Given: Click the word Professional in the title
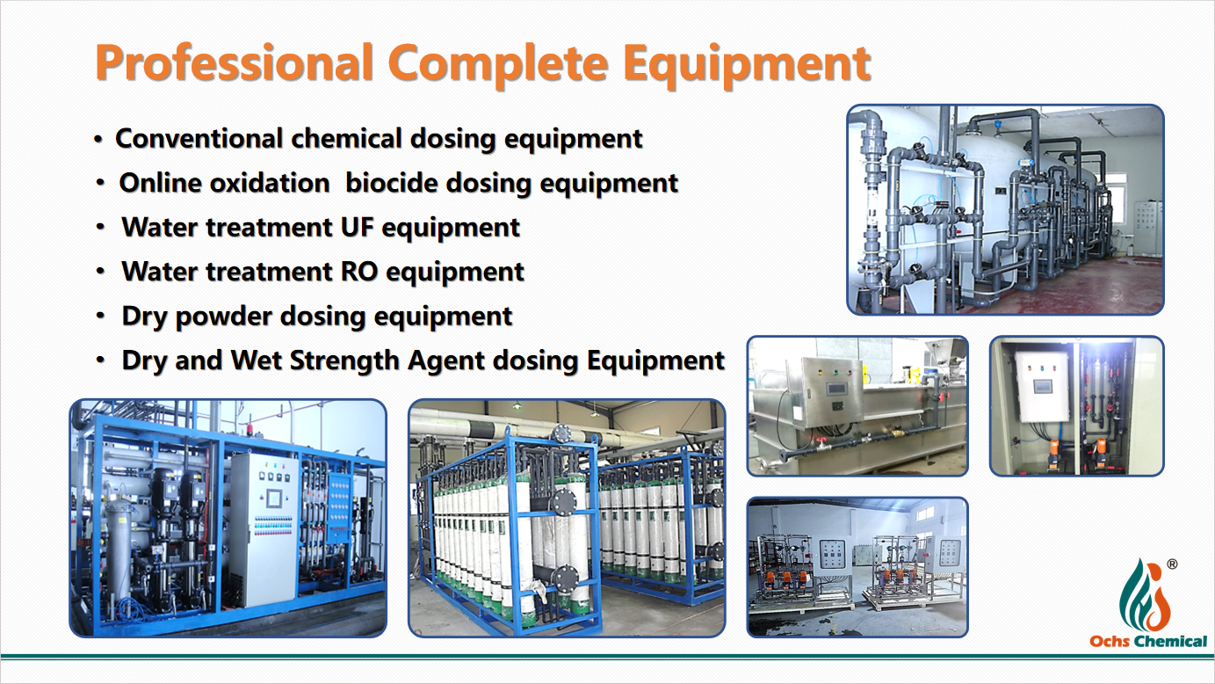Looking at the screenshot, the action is pos(235,63).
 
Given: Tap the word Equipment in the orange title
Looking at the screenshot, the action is pos(747,65).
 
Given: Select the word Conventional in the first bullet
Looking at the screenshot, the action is pos(199,138).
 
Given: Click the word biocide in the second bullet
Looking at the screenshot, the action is pos(392,183).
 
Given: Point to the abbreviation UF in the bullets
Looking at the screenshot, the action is pos(357,227).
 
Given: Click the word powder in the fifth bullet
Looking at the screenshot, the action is pos(223,317).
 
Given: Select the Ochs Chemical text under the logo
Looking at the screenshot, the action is pos(1148,642).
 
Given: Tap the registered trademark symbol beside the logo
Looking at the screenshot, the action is pos(1172,564).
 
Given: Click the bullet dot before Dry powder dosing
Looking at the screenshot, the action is pos(100,316).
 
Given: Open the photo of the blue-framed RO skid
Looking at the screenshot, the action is pos(228,519).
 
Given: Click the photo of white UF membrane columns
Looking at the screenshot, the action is pos(567,519).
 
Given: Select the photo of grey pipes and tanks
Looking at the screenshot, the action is pos(1006,209).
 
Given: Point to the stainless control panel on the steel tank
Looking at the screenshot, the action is pos(833,387).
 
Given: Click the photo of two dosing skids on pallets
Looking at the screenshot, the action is pos(857,567).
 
